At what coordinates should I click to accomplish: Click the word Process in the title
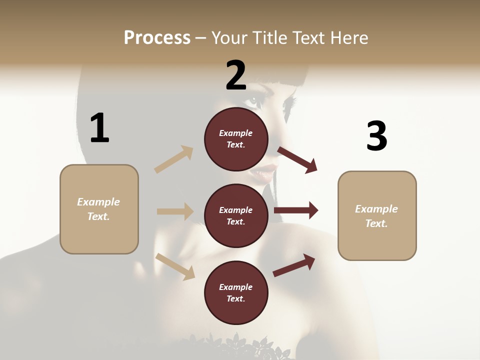click(x=157, y=38)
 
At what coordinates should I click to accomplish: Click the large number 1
click(x=99, y=128)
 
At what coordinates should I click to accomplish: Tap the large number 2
click(x=236, y=75)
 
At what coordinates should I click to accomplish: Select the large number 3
click(x=376, y=136)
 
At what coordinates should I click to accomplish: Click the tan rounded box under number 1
click(x=99, y=209)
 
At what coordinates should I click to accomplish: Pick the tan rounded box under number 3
click(x=377, y=215)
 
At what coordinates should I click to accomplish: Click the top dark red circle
click(x=236, y=138)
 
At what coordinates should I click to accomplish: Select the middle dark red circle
click(x=236, y=215)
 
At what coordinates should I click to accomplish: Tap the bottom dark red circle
click(x=236, y=292)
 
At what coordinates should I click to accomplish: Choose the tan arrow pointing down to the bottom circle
click(x=175, y=266)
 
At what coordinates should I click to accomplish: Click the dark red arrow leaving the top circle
click(x=297, y=160)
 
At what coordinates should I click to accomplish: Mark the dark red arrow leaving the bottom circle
click(x=294, y=265)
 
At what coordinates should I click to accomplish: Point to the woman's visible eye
click(x=254, y=99)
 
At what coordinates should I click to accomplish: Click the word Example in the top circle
click(x=236, y=133)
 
